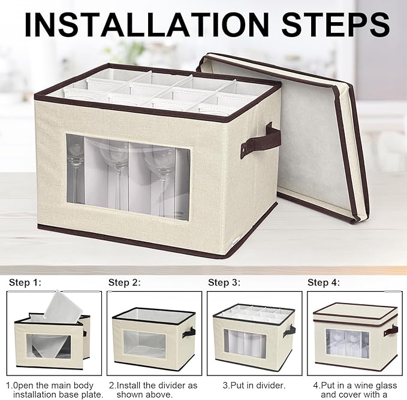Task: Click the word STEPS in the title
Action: (x=336, y=25)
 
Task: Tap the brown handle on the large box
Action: (x=260, y=141)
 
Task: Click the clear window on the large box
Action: (x=128, y=177)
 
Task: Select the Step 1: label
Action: (x=25, y=282)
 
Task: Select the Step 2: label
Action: (x=124, y=282)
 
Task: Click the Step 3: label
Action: (x=224, y=282)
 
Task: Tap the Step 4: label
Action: (x=324, y=282)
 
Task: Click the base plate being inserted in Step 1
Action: (x=62, y=307)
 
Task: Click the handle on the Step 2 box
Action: (x=189, y=332)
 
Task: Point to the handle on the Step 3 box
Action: (x=289, y=331)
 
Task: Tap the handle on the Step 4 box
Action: (x=391, y=331)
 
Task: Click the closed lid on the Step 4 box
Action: (x=355, y=314)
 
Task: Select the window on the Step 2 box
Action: (x=144, y=344)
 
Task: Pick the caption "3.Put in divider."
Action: (x=254, y=386)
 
